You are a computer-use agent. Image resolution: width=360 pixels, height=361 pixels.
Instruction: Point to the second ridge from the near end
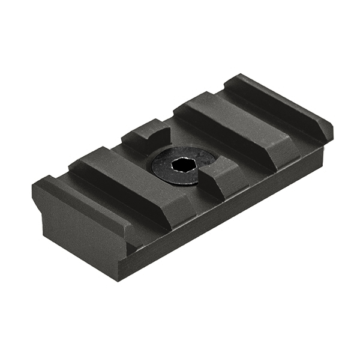point(129,174)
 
